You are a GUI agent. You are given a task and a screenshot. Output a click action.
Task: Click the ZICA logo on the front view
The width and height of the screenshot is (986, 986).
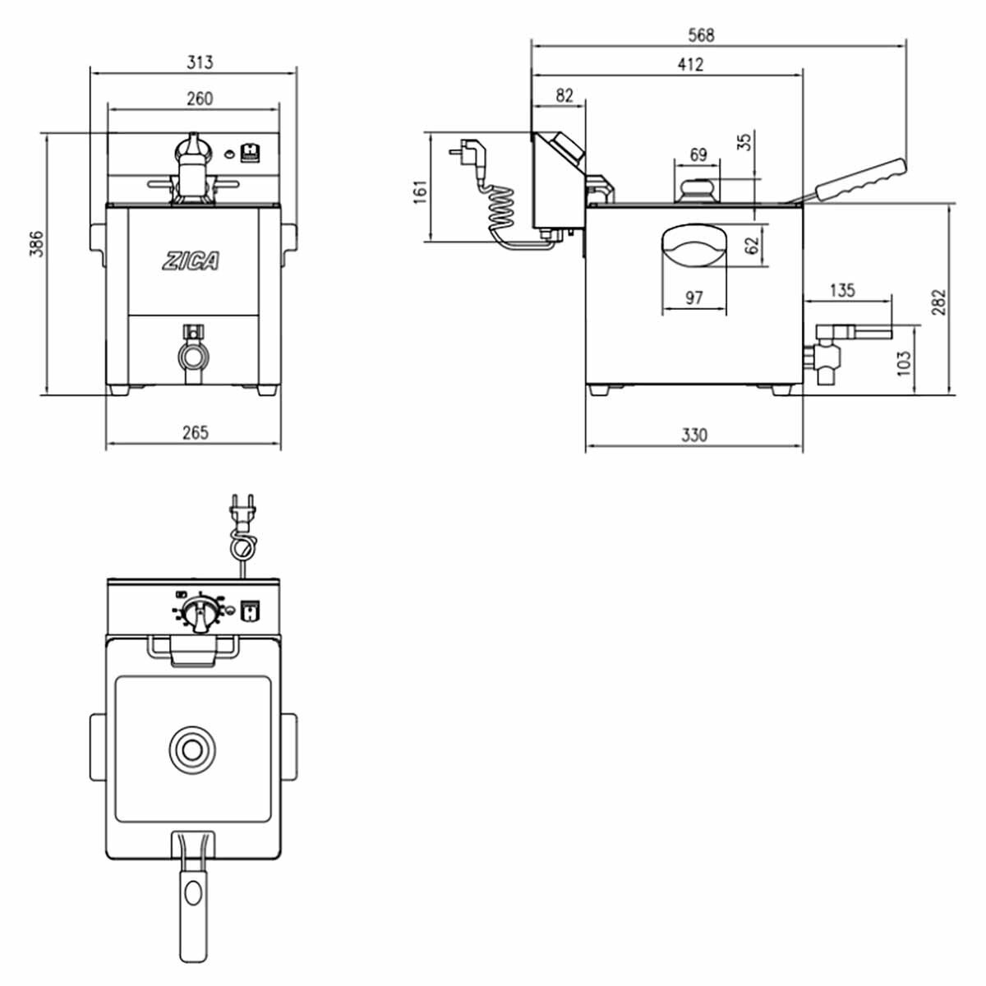pyautogui.click(x=191, y=261)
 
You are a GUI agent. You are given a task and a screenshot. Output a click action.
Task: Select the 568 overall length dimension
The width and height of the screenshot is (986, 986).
pyautogui.click(x=701, y=35)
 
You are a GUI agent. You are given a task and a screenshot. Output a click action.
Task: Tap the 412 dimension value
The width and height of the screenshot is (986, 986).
pyautogui.click(x=690, y=64)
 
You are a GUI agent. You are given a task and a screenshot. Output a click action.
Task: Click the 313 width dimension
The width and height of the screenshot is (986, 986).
pyautogui.click(x=199, y=62)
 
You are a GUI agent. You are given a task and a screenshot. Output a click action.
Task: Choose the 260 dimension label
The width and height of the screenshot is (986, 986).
pyautogui.click(x=199, y=99)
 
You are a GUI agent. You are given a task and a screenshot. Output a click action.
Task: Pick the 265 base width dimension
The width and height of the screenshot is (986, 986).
pyautogui.click(x=196, y=432)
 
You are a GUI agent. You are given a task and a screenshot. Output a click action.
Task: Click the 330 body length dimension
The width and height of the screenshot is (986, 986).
pyautogui.click(x=694, y=435)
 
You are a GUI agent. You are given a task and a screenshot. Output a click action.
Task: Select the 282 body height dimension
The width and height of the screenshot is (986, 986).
pyautogui.click(x=939, y=302)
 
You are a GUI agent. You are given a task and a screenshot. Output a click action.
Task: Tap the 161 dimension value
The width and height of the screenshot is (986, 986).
pyautogui.click(x=420, y=192)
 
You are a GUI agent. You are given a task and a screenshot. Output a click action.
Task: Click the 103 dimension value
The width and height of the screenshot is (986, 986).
pyautogui.click(x=904, y=362)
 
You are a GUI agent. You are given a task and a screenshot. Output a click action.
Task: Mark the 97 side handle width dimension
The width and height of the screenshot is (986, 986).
pyautogui.click(x=693, y=297)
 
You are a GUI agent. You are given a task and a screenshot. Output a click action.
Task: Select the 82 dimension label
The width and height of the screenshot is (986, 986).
pyautogui.click(x=564, y=95)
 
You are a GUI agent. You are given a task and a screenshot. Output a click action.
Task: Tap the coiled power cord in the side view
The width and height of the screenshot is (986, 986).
pyautogui.click(x=501, y=209)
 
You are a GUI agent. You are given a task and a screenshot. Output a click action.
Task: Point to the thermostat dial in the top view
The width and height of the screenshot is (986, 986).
pyautogui.click(x=197, y=612)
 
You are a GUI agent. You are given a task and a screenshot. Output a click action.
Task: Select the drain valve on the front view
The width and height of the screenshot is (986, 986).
pyautogui.click(x=192, y=353)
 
